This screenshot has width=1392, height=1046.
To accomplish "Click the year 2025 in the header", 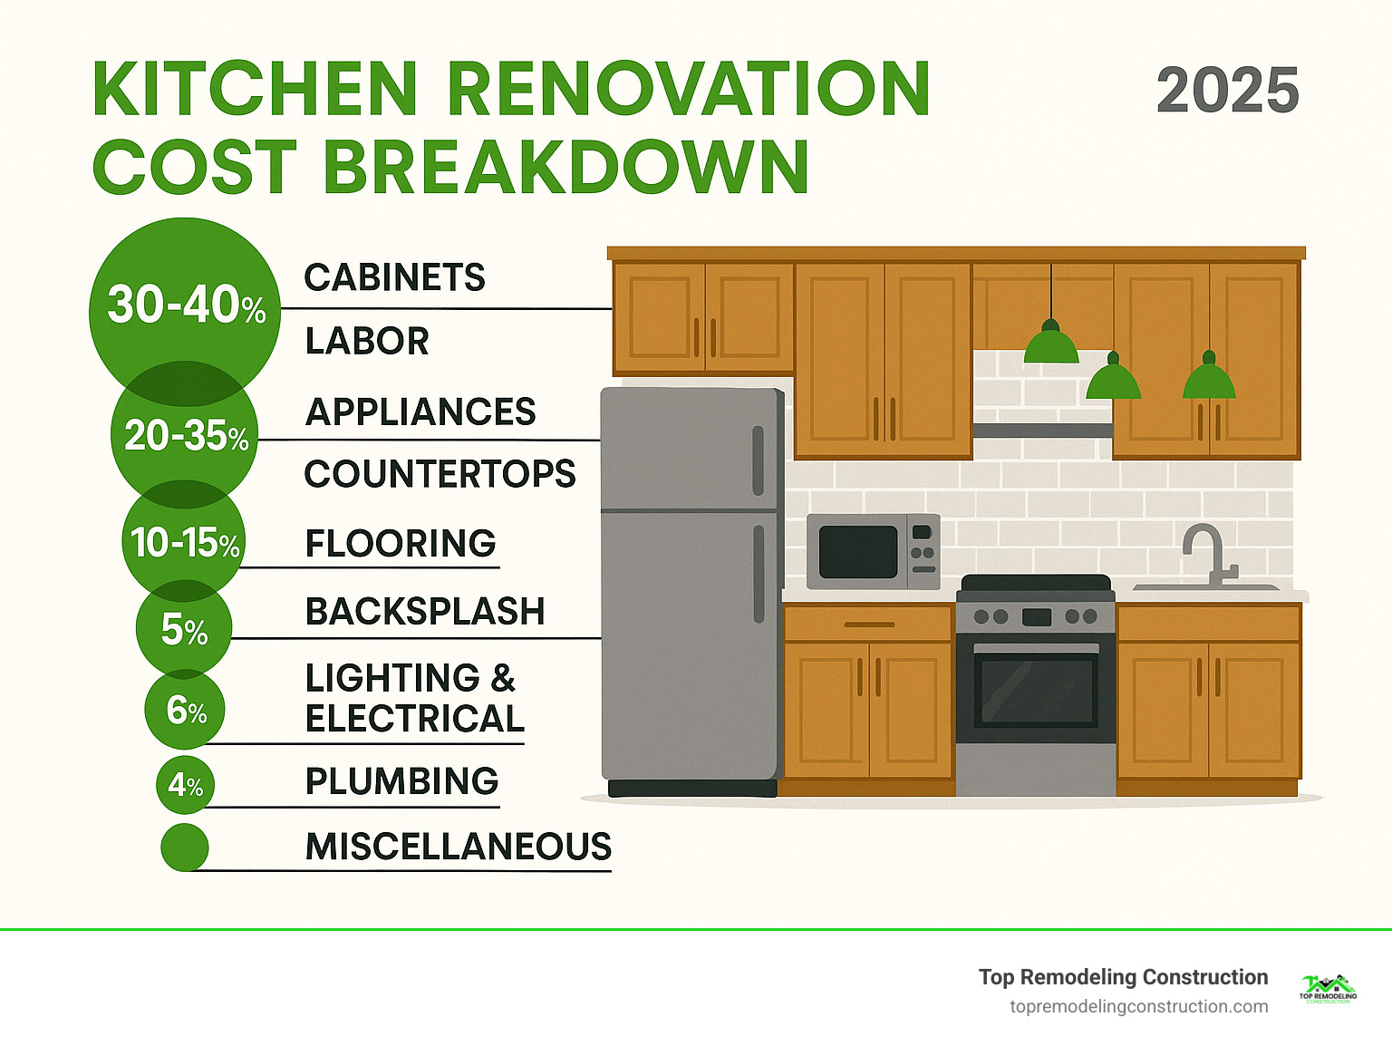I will (1227, 91).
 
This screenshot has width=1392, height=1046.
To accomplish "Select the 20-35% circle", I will (185, 436).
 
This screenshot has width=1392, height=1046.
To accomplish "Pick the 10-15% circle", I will (184, 543).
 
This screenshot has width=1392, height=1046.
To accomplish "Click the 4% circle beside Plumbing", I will (185, 785).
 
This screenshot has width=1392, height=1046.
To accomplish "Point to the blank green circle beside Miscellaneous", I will (185, 847).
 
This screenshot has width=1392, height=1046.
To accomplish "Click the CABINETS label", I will (394, 277).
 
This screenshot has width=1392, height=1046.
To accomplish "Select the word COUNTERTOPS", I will (440, 474).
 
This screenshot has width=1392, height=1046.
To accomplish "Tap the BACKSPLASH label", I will (425, 612).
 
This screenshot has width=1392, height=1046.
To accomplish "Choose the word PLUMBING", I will (401, 781).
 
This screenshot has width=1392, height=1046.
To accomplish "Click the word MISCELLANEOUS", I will (458, 847).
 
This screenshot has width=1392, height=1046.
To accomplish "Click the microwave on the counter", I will (873, 552).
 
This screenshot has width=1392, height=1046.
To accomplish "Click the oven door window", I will (1036, 688).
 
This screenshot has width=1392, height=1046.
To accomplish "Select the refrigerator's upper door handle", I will (758, 460).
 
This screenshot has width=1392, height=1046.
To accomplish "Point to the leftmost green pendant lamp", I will (1050, 344).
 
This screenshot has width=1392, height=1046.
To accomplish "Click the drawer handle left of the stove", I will (869, 625).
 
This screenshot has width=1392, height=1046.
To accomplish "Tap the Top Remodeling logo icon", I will (1328, 989).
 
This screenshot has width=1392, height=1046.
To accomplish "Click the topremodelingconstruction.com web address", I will (1138, 1007).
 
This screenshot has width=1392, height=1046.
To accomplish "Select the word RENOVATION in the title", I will (688, 90).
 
